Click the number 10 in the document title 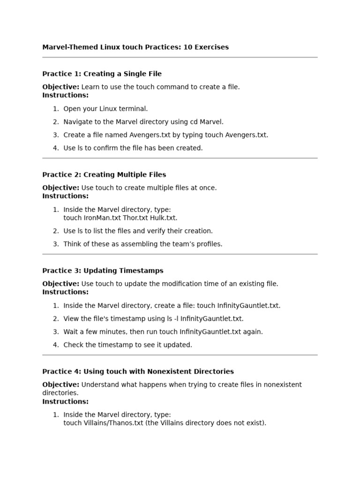pyautogui.click(x=188, y=47)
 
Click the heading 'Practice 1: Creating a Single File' pyautogui.click(x=102, y=74)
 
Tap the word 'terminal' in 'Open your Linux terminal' pyautogui.click(x=134, y=109)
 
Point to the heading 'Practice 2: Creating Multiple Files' pyautogui.click(x=104, y=175)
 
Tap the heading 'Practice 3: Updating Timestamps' pyautogui.click(x=103, y=271)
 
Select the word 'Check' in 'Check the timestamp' pyautogui.click(x=74, y=345)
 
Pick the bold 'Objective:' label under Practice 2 pyautogui.click(x=60, y=188)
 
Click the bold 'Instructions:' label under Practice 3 pyautogui.click(x=65, y=292)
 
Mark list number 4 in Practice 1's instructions pyautogui.click(x=56, y=148)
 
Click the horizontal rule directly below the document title pyautogui.click(x=180, y=57)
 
